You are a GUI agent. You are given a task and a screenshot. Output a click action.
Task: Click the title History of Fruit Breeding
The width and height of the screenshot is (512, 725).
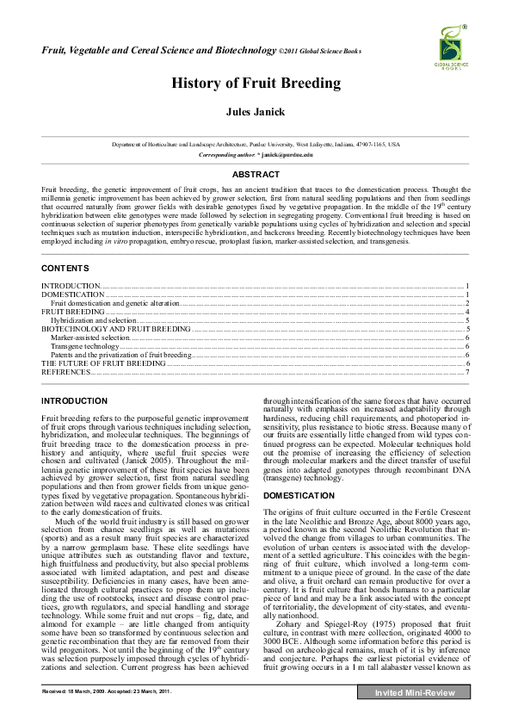tap(256, 84)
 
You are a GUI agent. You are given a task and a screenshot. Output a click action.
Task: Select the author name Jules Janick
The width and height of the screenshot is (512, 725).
tap(256, 112)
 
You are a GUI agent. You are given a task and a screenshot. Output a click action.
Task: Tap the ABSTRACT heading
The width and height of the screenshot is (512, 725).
tap(256, 174)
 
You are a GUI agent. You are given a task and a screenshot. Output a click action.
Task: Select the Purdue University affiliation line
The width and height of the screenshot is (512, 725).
tap(256, 145)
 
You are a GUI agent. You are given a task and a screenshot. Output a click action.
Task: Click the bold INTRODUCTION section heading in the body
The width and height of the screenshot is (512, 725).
tap(75, 401)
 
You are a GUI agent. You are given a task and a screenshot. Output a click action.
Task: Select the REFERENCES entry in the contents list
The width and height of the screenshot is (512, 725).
tap(66, 373)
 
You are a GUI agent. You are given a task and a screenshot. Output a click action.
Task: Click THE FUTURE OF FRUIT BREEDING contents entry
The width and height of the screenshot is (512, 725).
tap(103, 363)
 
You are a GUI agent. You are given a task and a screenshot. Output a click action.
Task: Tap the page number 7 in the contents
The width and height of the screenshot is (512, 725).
tap(466, 373)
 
